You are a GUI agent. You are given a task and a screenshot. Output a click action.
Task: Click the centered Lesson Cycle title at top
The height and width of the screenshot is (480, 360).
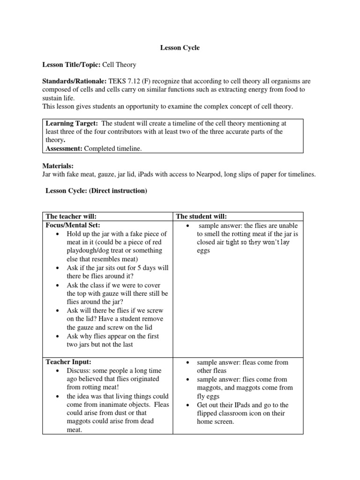(180, 47)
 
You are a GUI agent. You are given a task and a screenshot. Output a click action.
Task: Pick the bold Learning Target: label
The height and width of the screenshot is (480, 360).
(72, 123)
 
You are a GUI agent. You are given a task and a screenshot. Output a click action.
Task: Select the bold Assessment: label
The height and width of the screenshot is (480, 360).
(64, 149)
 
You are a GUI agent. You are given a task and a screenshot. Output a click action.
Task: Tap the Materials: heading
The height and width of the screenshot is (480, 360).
(58, 166)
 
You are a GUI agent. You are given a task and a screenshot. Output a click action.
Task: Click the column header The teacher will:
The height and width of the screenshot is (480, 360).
(74, 216)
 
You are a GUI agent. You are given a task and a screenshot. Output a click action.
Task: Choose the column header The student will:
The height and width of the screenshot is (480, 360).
(202, 216)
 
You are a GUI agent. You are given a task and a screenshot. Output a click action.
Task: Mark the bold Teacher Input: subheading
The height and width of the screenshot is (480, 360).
(68, 362)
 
